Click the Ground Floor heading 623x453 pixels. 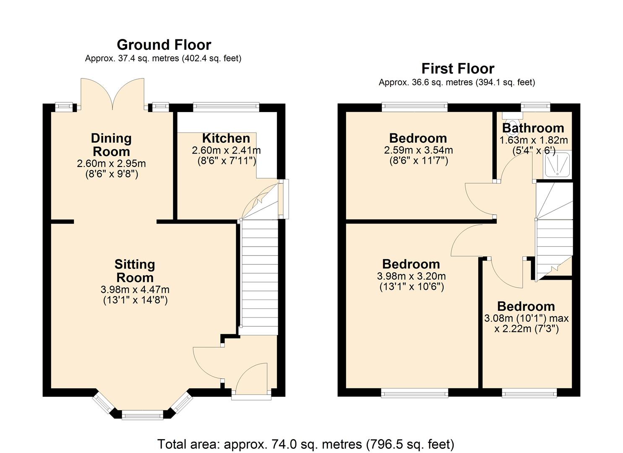tap(164, 44)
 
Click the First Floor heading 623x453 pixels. tap(458, 68)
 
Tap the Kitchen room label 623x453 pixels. tap(226, 138)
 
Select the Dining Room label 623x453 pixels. tap(111, 145)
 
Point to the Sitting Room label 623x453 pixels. tap(135, 271)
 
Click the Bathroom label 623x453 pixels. tap(533, 128)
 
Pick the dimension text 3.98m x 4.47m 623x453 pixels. tap(135, 289)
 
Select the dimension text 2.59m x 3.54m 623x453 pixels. tap(418, 150)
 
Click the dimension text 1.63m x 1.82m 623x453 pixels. tap(533, 140)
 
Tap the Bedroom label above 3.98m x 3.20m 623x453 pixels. tap(411, 264)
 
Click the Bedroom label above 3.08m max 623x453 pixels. tap(526, 306)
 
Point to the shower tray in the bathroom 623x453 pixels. tap(558, 164)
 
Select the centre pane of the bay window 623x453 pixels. tap(142, 416)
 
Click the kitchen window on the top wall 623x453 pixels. tap(226, 107)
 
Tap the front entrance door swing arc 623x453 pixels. tap(252, 377)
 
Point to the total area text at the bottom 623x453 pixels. tap(305, 444)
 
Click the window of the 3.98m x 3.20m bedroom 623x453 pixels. tap(414, 393)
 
